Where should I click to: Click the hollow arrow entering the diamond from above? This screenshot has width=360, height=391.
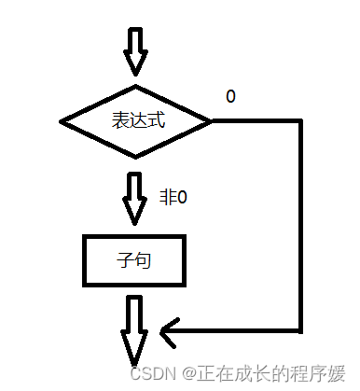coord(136,51)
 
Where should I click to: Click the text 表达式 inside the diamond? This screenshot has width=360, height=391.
coord(136,121)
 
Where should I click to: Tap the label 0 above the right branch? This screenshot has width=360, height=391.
coord(229,97)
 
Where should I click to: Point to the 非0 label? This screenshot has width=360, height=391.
coord(173,198)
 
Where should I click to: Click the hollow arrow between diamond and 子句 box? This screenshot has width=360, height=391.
coord(136,196)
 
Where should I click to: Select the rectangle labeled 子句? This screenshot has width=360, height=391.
coord(136,261)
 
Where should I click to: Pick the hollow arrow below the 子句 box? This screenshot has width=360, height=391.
coord(136,331)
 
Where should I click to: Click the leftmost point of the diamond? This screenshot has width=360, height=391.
coord(62,121)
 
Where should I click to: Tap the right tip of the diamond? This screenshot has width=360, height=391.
coord(212,121)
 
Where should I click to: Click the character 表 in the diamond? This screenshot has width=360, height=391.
coord(120,121)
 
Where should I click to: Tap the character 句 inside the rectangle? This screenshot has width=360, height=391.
coord(145,261)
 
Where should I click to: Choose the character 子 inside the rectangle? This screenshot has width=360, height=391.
coord(128,261)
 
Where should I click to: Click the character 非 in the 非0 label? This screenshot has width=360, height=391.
coord(169,198)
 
